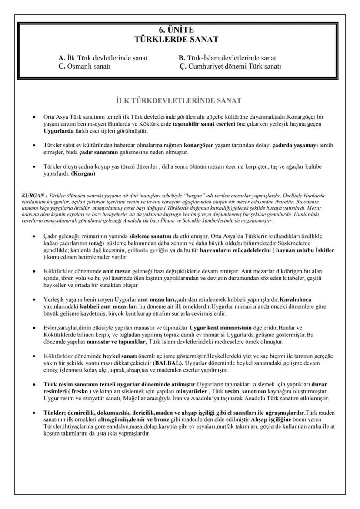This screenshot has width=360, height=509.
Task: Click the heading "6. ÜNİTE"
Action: pyautogui.click(x=180, y=30)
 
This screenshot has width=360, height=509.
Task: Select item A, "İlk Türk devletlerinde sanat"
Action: pyautogui.click(x=103, y=58)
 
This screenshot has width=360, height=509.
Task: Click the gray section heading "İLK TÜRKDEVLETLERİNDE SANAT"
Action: pyautogui.click(x=180, y=101)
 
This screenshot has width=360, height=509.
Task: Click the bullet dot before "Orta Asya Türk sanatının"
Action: pyautogui.click(x=34, y=117)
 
